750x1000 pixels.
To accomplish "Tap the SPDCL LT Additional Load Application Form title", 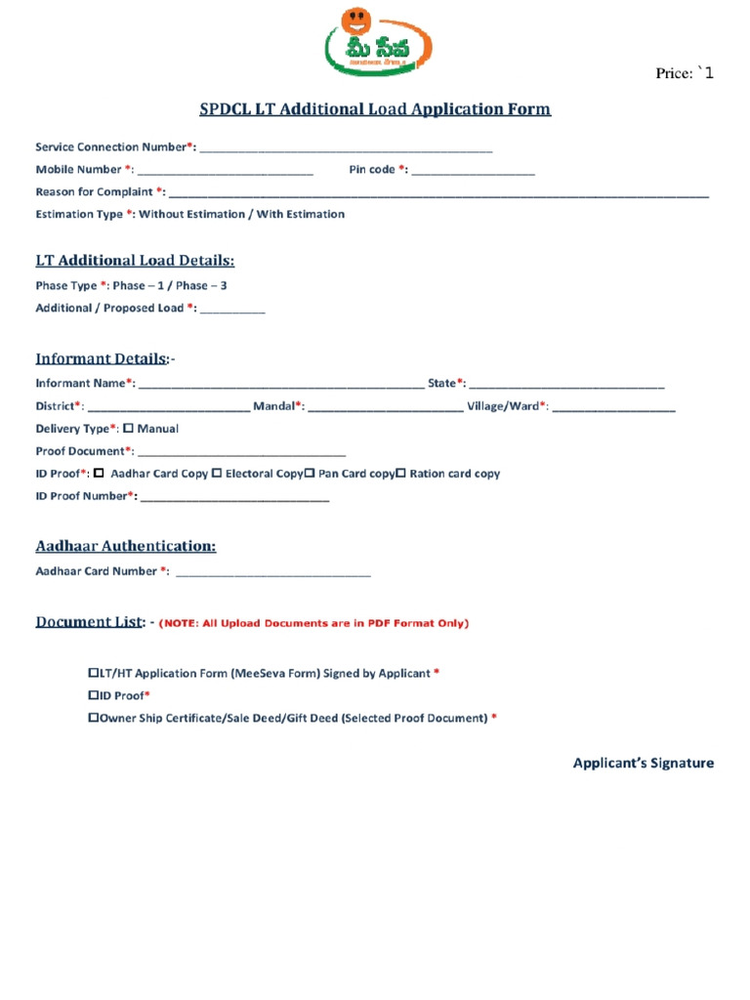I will click(375, 108).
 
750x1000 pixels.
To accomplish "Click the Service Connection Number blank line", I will click(346, 148).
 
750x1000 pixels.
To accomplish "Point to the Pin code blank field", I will click(474, 171).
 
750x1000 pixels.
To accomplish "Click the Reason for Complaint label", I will click(95, 191).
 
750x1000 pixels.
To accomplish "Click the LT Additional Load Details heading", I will click(135, 261).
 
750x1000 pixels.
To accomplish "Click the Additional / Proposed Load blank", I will click(232, 310).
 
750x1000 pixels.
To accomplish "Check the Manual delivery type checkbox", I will click(128, 428).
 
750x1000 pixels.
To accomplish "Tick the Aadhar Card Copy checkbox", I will click(99, 474).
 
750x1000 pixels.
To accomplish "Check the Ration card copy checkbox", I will click(400, 473).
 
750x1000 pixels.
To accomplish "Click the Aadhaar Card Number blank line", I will click(272, 573).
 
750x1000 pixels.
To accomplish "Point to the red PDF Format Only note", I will click(313, 623).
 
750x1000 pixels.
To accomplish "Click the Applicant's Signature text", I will click(643, 763).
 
